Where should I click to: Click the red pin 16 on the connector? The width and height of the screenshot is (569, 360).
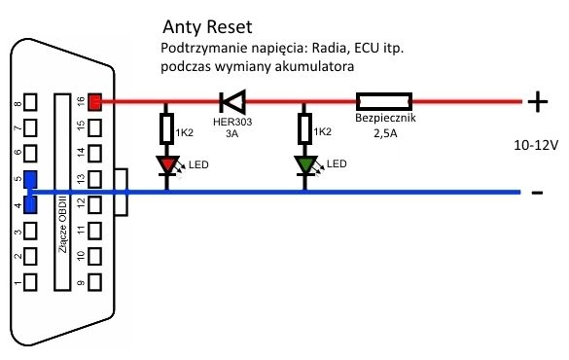click(94, 100)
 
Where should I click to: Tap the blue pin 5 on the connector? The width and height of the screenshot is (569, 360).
click(31, 180)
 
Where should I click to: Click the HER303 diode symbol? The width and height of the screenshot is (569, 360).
click(231, 99)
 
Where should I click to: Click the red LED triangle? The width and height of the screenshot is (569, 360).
click(168, 166)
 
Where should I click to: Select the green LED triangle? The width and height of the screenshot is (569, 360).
click(307, 166)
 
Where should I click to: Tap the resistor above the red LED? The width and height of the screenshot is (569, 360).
click(168, 127)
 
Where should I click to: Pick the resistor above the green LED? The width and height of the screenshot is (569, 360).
click(307, 127)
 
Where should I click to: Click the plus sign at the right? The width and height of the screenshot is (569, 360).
click(537, 99)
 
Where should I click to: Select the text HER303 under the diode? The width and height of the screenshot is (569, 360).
click(231, 123)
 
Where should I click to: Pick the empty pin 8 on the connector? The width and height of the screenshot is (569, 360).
click(31, 102)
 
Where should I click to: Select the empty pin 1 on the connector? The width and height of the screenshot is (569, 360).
click(31, 282)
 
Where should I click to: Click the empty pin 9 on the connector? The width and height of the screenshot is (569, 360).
click(94, 282)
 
